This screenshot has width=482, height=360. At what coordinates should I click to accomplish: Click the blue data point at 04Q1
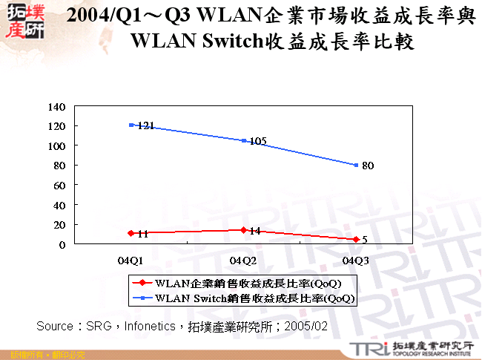(131, 125)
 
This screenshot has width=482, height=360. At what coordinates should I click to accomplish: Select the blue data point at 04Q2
(243, 140)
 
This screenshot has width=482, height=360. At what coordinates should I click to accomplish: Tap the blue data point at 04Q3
(356, 165)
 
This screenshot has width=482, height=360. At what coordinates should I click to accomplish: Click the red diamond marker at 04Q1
(131, 233)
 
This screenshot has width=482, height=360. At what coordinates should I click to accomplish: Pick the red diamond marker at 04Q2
(243, 230)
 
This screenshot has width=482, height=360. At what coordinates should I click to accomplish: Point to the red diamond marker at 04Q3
(356, 239)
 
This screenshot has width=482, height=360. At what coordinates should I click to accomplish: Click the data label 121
(145, 126)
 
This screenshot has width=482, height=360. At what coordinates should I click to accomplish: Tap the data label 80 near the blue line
(368, 166)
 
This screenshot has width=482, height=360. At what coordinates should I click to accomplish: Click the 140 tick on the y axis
(56, 106)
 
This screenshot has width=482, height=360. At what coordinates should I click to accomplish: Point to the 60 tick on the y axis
(59, 185)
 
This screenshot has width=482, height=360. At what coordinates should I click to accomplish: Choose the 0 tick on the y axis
(62, 244)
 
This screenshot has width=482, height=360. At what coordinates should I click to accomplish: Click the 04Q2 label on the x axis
(243, 260)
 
